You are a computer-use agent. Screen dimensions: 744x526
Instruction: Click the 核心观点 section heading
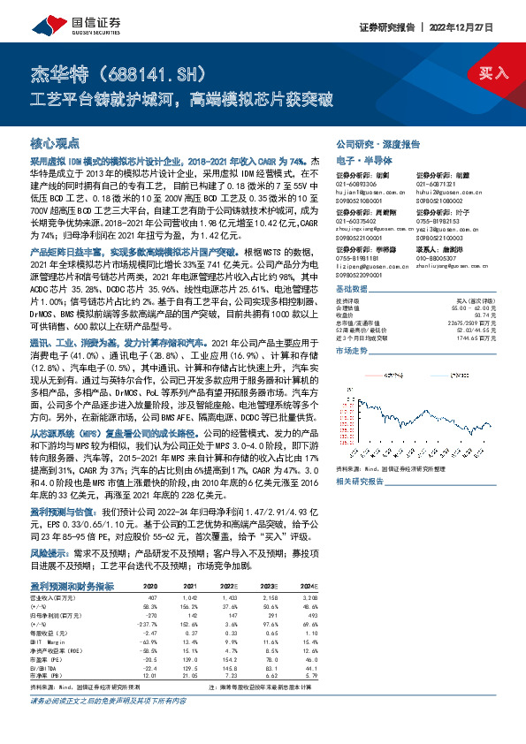[55, 141]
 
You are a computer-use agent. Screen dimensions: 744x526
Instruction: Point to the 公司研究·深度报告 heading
[370, 142]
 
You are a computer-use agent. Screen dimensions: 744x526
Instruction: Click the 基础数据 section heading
[352, 290]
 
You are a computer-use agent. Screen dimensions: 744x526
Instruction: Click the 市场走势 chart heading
[352, 351]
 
